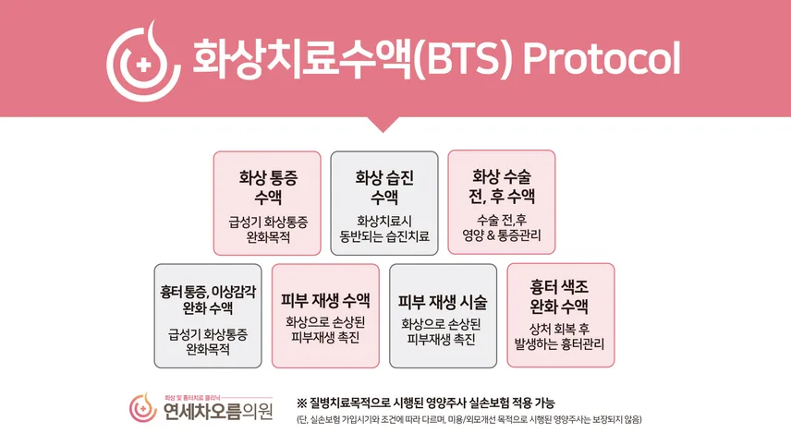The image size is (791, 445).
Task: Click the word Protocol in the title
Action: click(602, 58)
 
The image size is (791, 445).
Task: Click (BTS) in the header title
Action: click(463, 58)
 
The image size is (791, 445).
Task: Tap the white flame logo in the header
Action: click(143, 61)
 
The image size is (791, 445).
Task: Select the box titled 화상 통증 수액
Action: click(267, 203)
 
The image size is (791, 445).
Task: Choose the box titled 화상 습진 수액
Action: click(384, 203)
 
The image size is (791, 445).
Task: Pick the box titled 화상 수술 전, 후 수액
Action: click(502, 202)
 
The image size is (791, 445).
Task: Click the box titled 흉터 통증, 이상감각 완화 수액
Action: click(208, 316)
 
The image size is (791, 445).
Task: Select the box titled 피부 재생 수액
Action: click(325, 316)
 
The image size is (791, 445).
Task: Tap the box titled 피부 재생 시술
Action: click(443, 316)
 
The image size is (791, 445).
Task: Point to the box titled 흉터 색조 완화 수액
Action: click(561, 315)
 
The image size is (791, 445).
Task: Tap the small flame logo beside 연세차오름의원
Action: click(143, 407)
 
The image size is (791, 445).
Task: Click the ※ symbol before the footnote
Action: click(301, 403)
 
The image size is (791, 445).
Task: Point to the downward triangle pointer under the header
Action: click(383, 124)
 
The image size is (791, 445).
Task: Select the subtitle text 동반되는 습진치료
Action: click(384, 235)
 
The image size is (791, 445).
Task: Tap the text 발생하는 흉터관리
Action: click(559, 344)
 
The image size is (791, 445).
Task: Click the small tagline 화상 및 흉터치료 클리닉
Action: click(191, 398)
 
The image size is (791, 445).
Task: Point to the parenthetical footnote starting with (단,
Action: click(469, 419)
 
